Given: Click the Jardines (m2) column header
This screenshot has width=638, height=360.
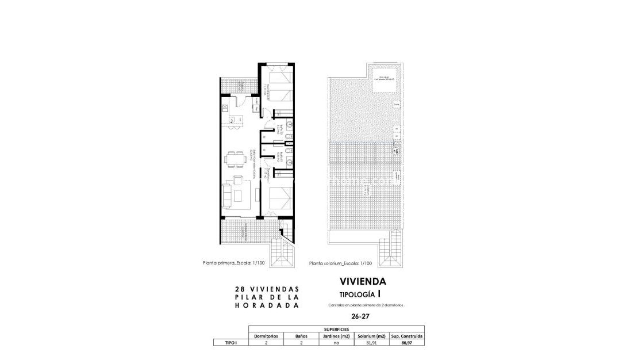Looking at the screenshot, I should click(x=336, y=336).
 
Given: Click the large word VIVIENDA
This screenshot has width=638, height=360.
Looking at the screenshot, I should click(x=363, y=282).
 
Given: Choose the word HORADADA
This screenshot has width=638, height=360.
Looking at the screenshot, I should click(x=267, y=306).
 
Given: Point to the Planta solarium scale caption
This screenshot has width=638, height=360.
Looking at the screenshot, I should click(x=340, y=263).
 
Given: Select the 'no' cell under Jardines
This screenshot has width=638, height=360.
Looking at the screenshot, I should click(x=336, y=343).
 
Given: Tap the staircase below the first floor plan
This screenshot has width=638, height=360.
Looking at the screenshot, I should click(x=285, y=252).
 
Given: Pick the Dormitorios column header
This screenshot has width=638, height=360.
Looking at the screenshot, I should click(x=266, y=336).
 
